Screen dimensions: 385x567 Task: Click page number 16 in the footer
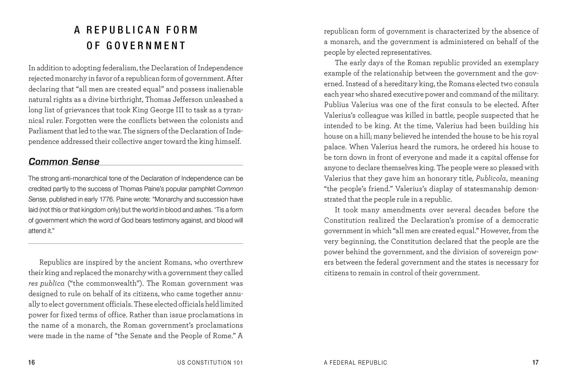click(x=32, y=362)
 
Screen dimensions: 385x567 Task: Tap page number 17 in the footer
click(x=535, y=362)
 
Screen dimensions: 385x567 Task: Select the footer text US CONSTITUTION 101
click(x=210, y=363)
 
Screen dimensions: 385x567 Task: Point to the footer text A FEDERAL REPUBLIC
click(x=355, y=363)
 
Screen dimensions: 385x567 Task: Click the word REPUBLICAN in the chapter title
click(x=123, y=30)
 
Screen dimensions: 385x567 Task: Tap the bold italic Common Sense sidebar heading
click(x=64, y=161)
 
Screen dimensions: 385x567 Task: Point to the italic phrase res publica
click(x=46, y=284)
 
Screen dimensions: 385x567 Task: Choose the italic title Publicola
click(x=491, y=178)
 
